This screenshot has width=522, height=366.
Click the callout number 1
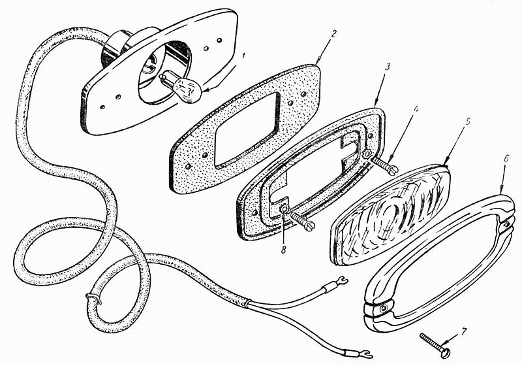click(x=243, y=56)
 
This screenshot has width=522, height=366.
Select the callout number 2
click(x=333, y=34)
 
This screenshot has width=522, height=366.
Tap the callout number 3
click(x=387, y=67)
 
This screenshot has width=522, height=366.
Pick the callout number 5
click(x=467, y=122)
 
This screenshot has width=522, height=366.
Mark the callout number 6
click(x=506, y=159)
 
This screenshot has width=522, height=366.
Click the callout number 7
click(x=464, y=331)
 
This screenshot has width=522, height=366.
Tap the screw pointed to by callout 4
click(x=385, y=165)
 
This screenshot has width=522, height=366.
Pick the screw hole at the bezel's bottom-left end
click(x=384, y=308)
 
